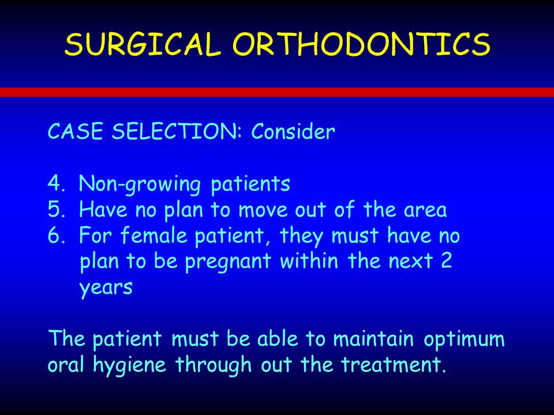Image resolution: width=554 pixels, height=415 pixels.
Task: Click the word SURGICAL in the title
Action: coord(143,44)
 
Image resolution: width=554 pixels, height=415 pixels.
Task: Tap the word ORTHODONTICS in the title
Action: coord(361,44)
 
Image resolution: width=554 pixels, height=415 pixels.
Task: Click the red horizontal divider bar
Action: coord(277,92)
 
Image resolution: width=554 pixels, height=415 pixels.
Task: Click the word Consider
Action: coord(293,131)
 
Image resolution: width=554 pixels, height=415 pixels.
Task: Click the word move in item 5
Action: coord(263,210)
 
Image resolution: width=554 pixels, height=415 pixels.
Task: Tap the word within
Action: coord(309,261)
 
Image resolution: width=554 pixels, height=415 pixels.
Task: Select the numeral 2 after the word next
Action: coord(446,261)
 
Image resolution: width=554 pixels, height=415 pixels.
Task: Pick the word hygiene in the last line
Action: coord(129,365)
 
